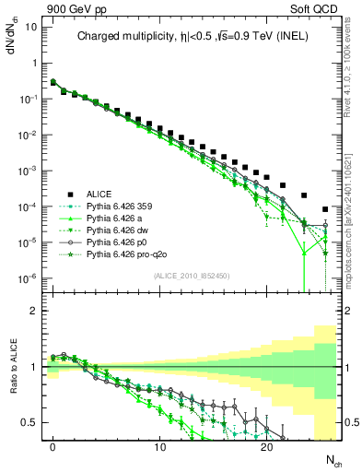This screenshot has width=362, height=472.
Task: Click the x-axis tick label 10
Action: click(x=160, y=446)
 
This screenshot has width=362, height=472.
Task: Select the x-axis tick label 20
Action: click(x=266, y=446)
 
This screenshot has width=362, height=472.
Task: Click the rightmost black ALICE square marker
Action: click(x=325, y=208)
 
